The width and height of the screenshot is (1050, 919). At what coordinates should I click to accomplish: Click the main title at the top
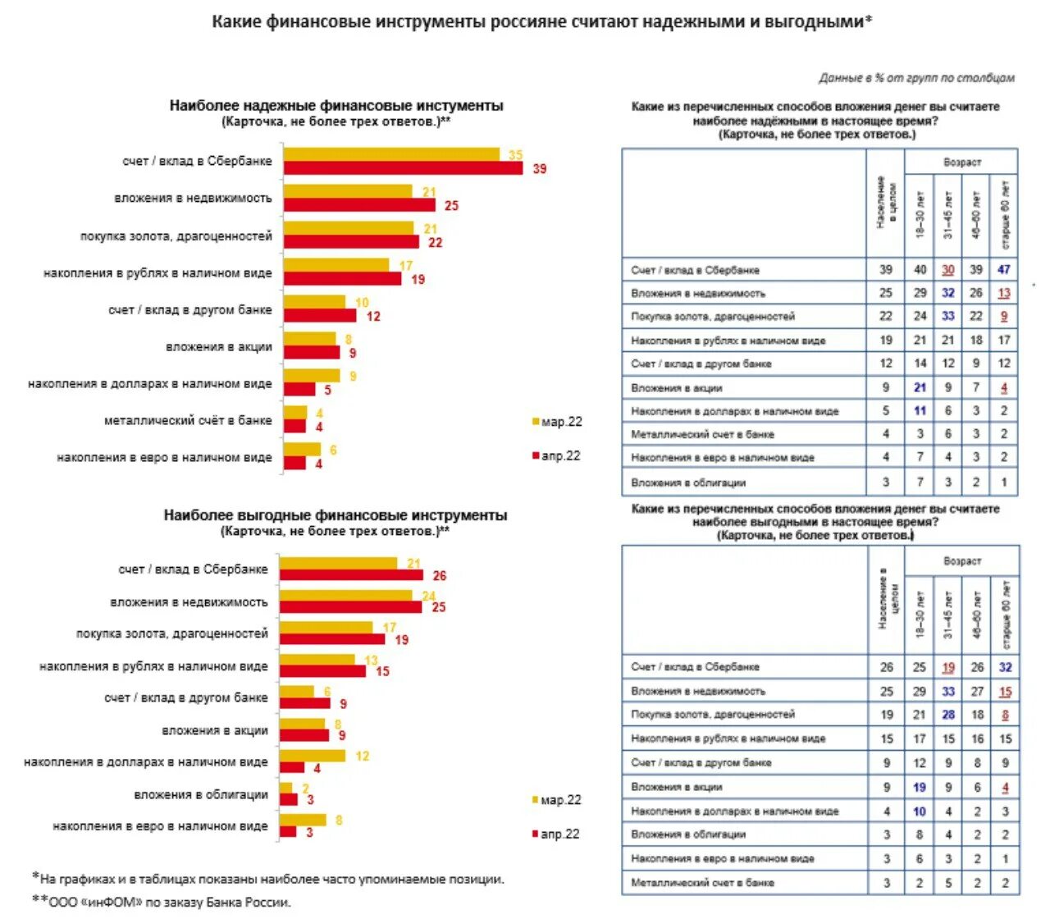tap(541, 22)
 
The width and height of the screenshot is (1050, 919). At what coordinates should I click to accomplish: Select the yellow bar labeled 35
tap(391, 154)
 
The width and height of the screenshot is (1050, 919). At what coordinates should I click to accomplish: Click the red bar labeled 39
tap(403, 168)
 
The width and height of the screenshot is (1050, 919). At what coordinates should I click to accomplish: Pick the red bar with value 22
tap(351, 242)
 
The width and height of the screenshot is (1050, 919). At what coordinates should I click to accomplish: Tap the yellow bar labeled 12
tap(313, 755)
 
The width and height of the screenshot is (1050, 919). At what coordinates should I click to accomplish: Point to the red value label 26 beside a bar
tap(440, 576)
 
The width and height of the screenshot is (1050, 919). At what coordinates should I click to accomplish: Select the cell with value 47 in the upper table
tap(1004, 269)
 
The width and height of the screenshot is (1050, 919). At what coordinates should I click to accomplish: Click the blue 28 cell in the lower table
tap(948, 715)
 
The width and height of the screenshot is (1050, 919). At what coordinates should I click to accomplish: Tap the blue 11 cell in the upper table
tap(920, 410)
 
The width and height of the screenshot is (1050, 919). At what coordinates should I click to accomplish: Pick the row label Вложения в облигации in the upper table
tap(688, 482)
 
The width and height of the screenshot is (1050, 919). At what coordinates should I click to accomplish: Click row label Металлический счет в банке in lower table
tap(702, 883)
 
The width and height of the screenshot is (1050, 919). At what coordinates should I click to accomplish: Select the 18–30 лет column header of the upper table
tap(920, 215)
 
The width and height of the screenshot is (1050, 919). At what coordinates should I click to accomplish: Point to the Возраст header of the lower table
tap(962, 561)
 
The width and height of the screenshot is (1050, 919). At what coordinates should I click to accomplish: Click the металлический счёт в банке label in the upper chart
tap(188, 420)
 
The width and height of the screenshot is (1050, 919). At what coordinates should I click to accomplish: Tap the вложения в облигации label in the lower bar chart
tap(201, 794)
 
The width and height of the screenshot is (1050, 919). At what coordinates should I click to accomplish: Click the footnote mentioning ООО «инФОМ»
tap(162, 902)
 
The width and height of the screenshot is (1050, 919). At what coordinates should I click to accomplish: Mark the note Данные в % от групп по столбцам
tap(916, 78)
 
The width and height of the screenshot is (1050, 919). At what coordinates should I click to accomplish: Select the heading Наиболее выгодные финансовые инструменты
tap(336, 515)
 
